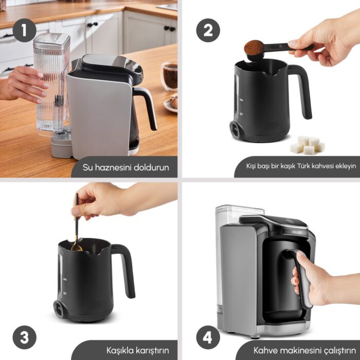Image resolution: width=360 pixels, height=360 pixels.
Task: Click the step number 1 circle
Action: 24,30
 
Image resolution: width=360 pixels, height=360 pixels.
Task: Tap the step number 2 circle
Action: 208,30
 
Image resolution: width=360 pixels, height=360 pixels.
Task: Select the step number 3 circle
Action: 24,337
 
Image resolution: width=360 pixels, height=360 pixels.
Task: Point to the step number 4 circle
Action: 208,337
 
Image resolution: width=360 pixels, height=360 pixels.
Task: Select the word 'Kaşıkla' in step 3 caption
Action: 120,351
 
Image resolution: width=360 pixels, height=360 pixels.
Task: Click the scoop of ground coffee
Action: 254,47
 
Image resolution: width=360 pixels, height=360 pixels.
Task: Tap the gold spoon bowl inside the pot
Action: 77,247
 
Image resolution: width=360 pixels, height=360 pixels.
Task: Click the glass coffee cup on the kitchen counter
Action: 169,76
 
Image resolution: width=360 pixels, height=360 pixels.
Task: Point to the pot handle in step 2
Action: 301,91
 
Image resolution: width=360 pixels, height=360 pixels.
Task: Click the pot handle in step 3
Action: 124,270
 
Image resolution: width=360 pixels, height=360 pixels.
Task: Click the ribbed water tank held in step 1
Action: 51,85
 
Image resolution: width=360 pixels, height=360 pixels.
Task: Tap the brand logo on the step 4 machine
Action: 297,232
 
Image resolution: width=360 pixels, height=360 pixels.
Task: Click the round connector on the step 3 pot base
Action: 58,309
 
